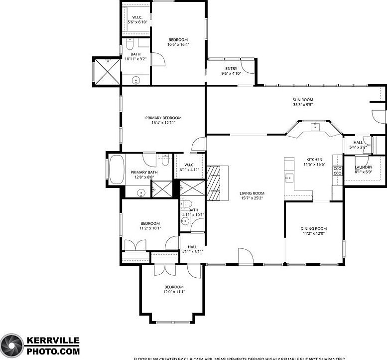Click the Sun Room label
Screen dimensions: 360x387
302,100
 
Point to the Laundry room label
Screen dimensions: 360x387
363,167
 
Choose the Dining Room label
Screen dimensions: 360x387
313,228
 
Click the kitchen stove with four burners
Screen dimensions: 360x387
337,172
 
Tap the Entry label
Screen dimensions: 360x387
231,69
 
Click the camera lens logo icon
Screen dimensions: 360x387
11,345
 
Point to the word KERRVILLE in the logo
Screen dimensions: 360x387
52,341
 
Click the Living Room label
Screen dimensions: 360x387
252,193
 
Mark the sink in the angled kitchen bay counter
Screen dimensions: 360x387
315,127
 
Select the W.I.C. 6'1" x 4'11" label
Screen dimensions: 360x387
189,167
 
